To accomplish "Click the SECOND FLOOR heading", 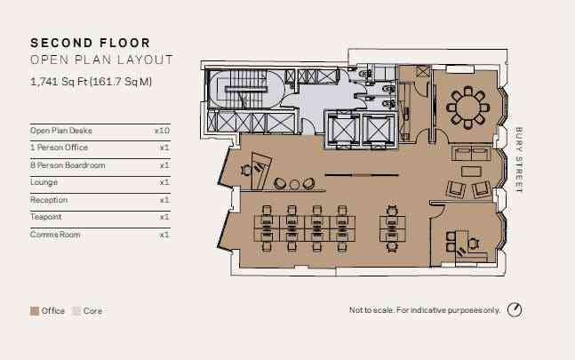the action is (x=91, y=43).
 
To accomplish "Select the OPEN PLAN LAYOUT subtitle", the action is (x=101, y=60).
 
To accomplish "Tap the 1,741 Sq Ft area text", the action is (x=91, y=82).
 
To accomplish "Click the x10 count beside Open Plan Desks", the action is (x=162, y=131).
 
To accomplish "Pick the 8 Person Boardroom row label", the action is (x=68, y=165).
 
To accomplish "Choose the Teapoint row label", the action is (x=46, y=217).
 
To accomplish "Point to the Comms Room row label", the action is (x=55, y=235).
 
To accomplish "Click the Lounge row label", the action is (x=44, y=182).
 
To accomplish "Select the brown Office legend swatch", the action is (x=35, y=311).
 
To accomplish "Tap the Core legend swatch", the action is (x=76, y=311).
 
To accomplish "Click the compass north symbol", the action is (x=515, y=309).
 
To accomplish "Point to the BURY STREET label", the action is (x=518, y=160).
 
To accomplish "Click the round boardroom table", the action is (x=468, y=108).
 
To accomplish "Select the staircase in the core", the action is (x=244, y=89).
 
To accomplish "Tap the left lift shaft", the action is (x=344, y=129).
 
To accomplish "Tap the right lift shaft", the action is (x=379, y=129).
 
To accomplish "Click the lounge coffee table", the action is (x=471, y=172).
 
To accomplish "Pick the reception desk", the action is (x=261, y=171).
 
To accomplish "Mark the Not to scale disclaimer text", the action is (x=425, y=310).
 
